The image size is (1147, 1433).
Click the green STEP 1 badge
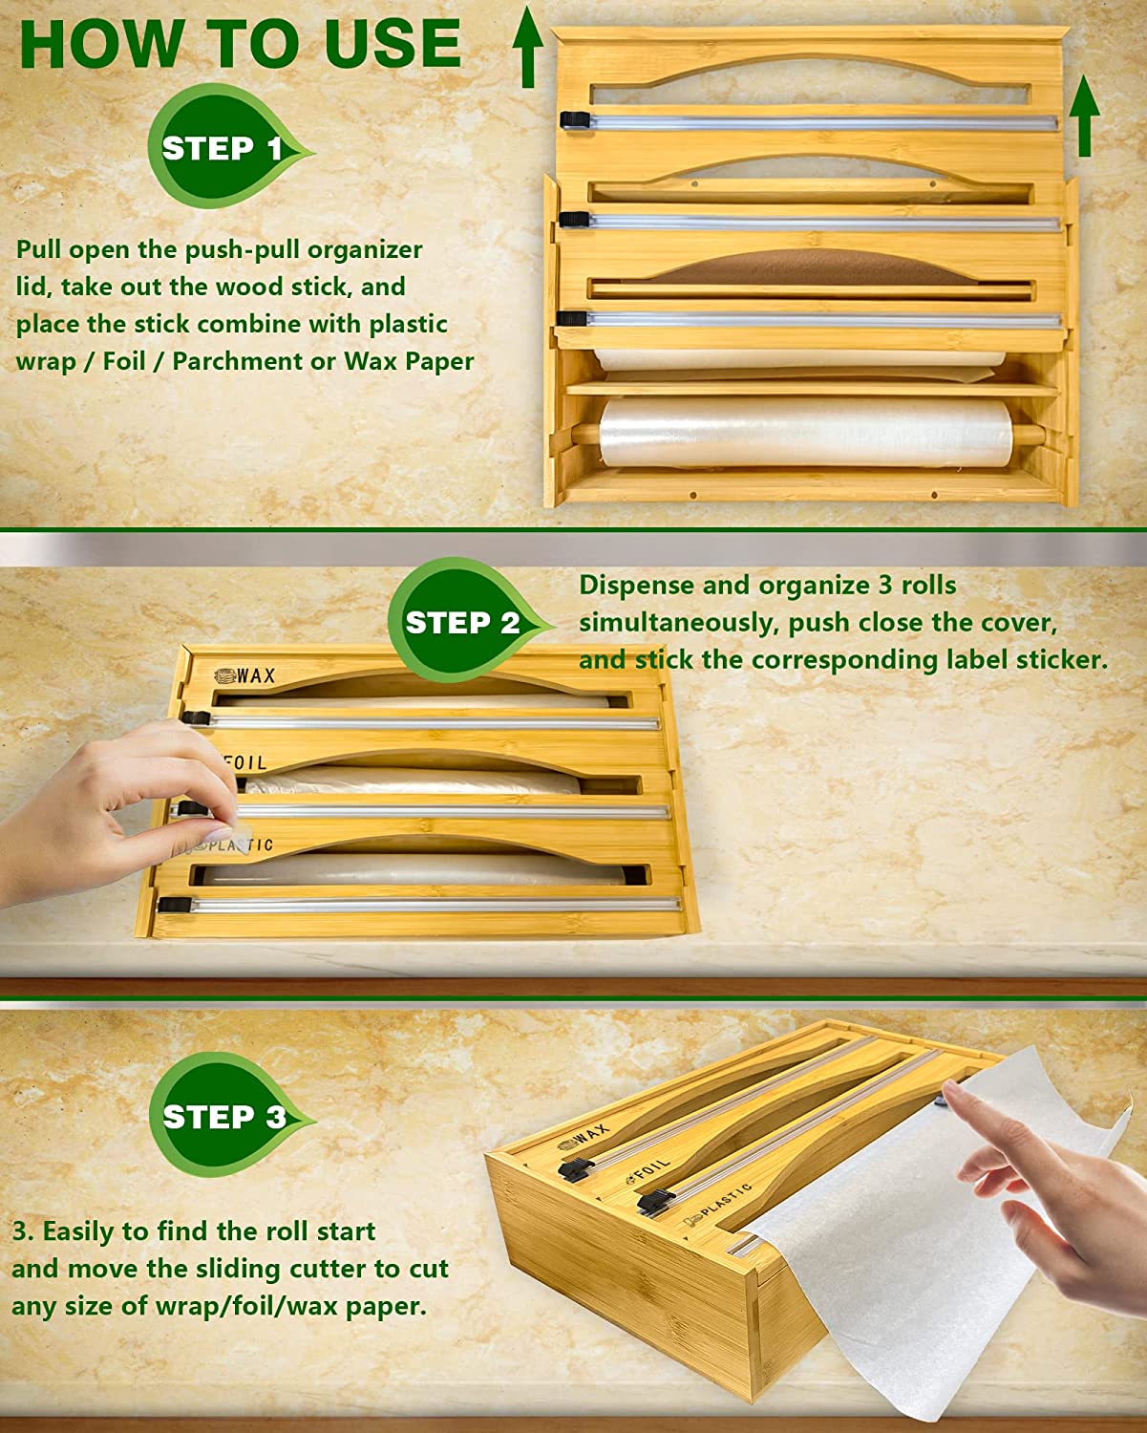(x=226, y=145)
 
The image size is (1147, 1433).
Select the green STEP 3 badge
(x=227, y=1116)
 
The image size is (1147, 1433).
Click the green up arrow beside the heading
(x=528, y=47)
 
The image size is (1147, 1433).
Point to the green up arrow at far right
(x=1084, y=116)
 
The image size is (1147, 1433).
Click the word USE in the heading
(x=393, y=43)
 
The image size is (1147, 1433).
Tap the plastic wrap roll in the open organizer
(x=805, y=433)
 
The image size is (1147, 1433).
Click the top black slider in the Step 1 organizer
(x=576, y=120)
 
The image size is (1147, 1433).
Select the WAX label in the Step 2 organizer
(x=245, y=675)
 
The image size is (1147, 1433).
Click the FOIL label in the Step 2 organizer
(x=244, y=762)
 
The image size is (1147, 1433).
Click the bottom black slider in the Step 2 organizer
(x=175, y=905)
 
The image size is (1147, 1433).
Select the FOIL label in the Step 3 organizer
(x=648, y=1170)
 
